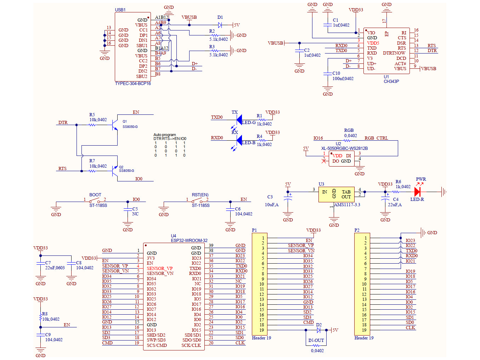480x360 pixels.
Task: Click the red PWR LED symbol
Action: coord(417,192)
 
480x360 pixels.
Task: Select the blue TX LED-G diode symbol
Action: coord(239,120)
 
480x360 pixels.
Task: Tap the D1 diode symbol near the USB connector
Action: coord(220,25)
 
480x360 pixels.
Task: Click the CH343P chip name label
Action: coord(391,81)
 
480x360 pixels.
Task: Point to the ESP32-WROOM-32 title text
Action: coord(189,241)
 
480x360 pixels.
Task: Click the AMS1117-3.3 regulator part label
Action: coord(347,205)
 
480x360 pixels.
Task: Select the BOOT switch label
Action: coord(95,195)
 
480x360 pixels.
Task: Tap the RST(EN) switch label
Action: coord(200,195)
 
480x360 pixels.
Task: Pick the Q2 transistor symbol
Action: coord(114,171)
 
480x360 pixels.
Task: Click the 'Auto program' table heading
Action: coord(164,135)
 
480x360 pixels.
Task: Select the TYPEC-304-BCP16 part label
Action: coord(133,84)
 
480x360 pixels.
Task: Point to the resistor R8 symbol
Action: coord(41,318)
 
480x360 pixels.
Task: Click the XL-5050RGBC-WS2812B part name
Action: coord(344,148)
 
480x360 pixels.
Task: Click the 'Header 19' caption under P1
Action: coord(261,338)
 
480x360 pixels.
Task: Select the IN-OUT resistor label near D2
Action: coord(316,341)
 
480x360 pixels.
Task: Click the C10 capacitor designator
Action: coord(336,73)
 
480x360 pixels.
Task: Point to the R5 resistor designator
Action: coord(92,115)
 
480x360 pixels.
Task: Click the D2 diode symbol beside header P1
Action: coord(318,330)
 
